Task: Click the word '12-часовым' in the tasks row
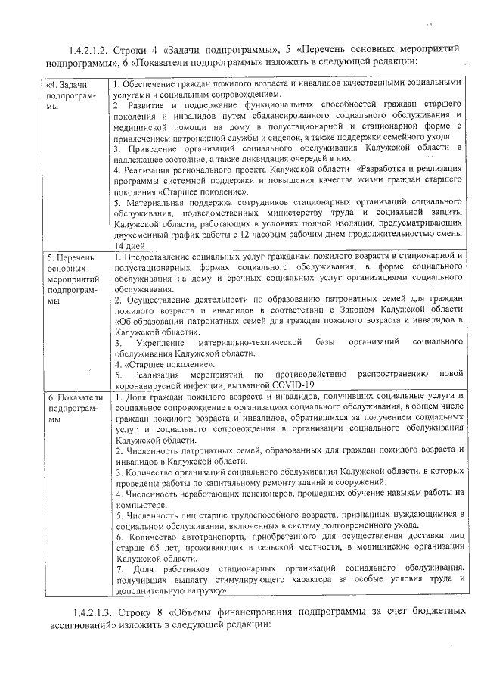235,235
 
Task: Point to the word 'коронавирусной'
152,385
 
